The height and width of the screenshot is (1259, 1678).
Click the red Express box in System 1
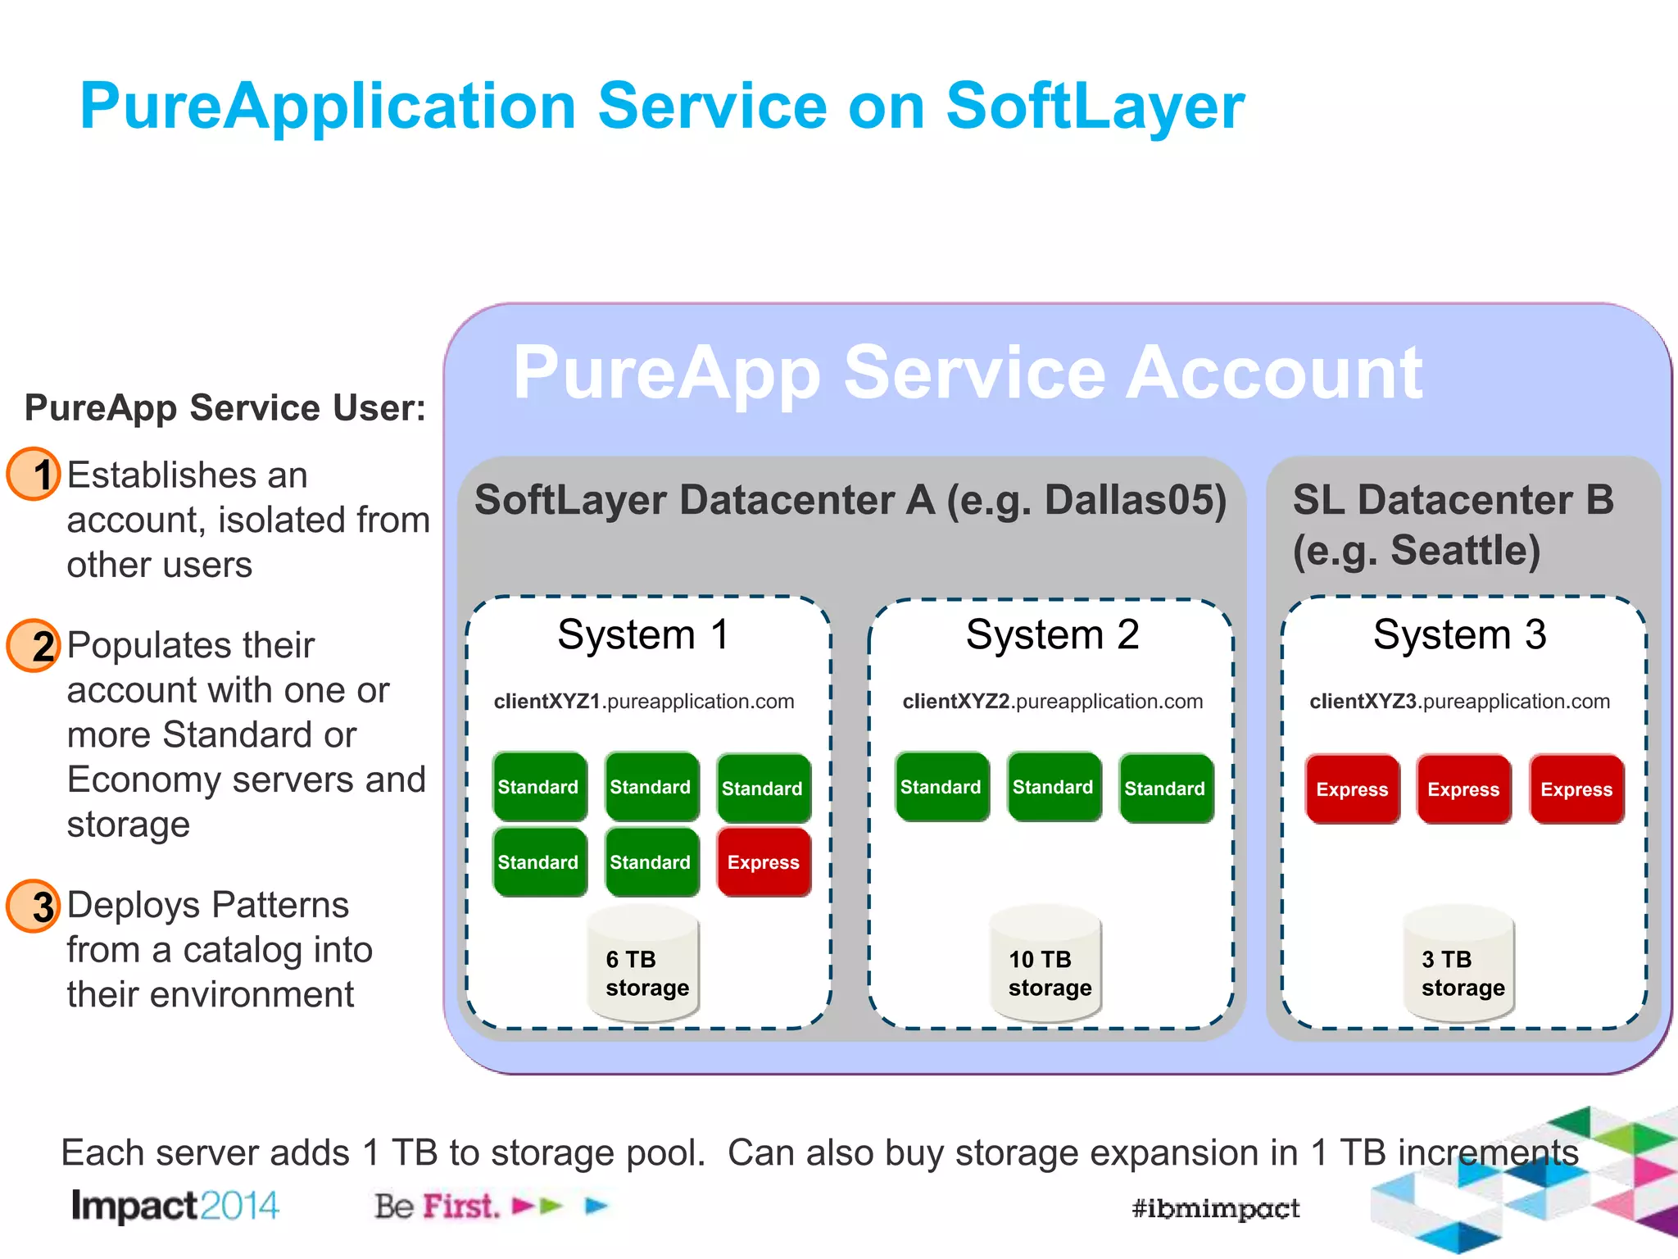click(x=764, y=862)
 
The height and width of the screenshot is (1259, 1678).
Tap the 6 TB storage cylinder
click(x=644, y=966)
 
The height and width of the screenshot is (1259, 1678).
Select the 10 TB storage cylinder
click(x=1046, y=966)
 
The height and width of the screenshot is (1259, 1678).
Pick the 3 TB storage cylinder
click(x=1459, y=966)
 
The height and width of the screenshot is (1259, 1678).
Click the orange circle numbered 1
click(x=34, y=474)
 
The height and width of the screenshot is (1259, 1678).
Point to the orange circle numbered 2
click(x=34, y=645)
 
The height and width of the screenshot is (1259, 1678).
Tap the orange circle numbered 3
click(x=34, y=906)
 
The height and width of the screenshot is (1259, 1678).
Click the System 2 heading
click(x=1052, y=634)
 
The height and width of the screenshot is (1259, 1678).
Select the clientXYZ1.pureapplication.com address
click(x=644, y=702)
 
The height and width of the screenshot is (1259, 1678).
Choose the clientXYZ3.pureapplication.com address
click(x=1459, y=702)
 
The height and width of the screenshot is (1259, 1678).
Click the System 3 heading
click(x=1459, y=634)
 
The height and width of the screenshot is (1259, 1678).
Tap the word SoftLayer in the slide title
click(x=1095, y=107)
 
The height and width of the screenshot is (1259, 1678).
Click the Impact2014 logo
click(x=175, y=1206)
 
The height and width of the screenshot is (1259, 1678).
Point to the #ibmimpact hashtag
click(x=1215, y=1208)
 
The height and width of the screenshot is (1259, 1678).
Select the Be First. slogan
click(x=437, y=1206)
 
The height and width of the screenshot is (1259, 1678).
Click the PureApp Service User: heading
click(x=225, y=407)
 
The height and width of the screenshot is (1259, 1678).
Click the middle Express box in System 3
click(x=1463, y=789)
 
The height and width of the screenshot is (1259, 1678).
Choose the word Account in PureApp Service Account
click(x=1274, y=373)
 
